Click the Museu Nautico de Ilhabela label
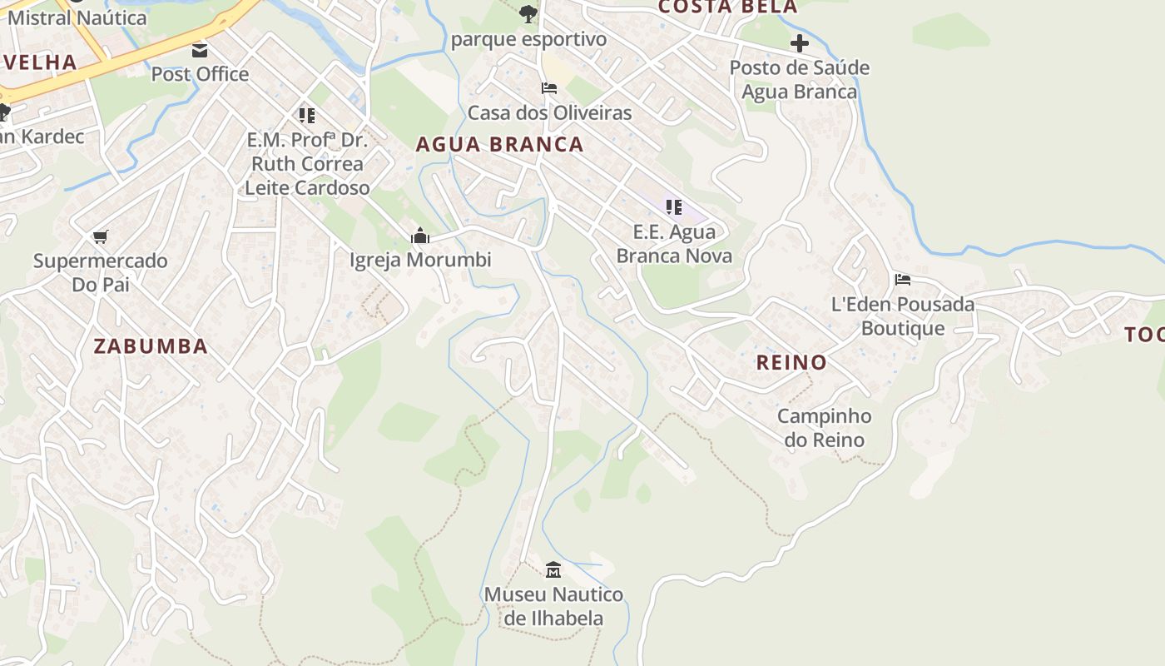point(553,607)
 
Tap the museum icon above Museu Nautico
point(553,570)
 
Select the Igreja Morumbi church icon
point(420,236)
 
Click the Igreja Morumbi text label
point(420,260)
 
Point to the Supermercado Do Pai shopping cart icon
point(101,237)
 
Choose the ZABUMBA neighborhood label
point(151,346)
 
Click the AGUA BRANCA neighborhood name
point(499,144)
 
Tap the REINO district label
point(791,362)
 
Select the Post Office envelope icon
point(200,51)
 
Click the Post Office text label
point(200,74)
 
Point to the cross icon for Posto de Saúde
point(800,43)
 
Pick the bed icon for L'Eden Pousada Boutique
point(903,280)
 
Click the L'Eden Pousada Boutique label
point(903,316)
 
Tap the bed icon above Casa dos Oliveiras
point(549,88)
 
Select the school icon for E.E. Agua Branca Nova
point(674,207)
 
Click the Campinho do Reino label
point(825,428)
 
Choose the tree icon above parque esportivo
point(528,13)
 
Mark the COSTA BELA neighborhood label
point(727,7)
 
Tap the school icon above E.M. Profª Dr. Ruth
point(307,115)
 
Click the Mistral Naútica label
point(77,17)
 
